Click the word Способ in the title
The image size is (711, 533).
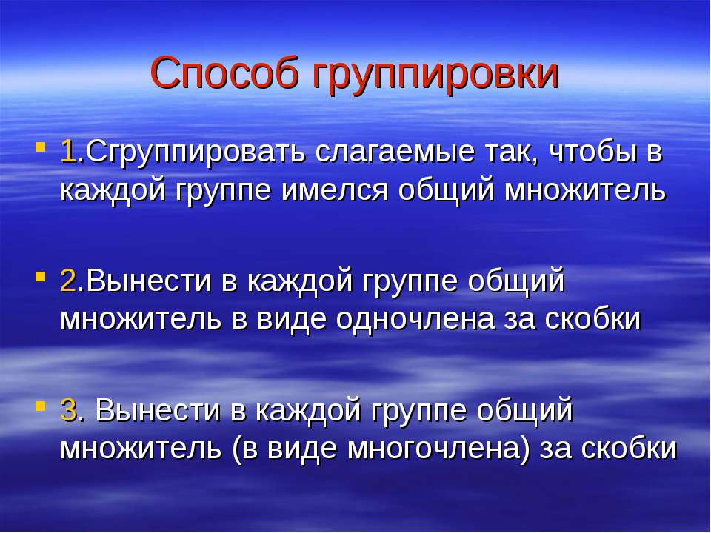click(225, 73)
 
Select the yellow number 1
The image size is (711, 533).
click(67, 152)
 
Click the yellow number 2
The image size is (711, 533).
click(67, 281)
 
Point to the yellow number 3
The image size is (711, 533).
click(68, 410)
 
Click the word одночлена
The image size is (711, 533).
click(415, 320)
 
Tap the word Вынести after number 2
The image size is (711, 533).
click(148, 281)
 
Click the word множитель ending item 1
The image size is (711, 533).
click(585, 191)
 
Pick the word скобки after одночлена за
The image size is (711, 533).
click(592, 320)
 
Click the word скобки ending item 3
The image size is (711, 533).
click(629, 449)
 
